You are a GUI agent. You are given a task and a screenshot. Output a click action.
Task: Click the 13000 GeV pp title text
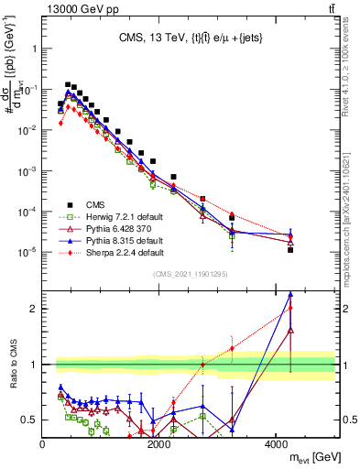(x=81, y=7)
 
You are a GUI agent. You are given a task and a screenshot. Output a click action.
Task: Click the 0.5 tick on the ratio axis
(x=30, y=420)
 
